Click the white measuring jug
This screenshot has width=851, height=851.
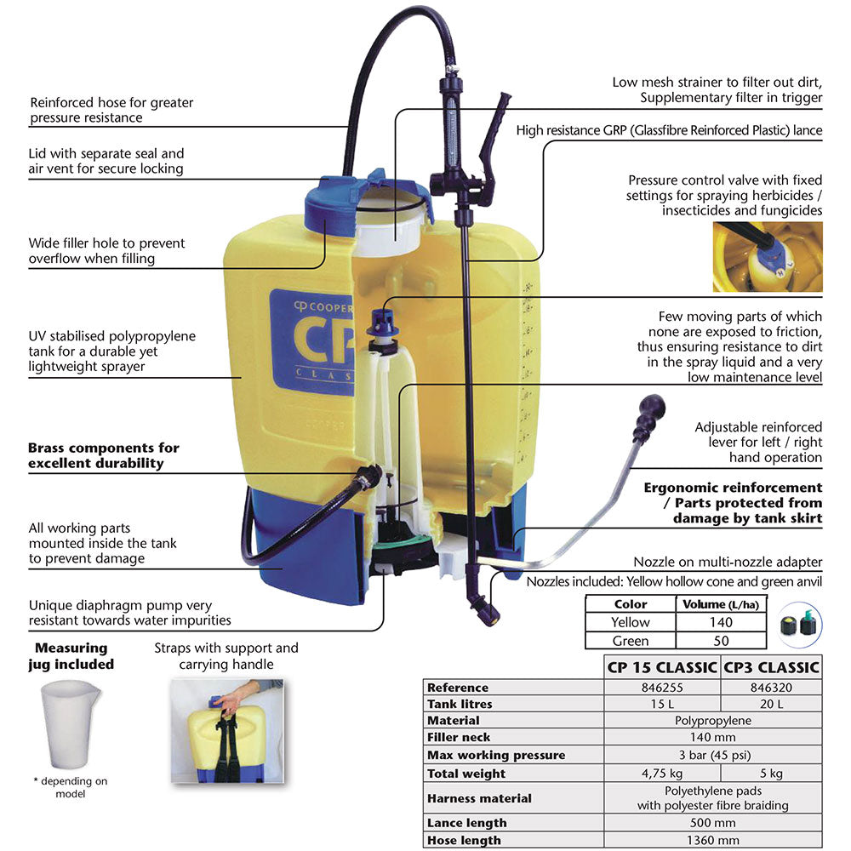tap(69, 722)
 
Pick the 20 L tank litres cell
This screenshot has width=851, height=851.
tap(770, 705)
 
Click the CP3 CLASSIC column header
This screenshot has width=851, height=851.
tap(771, 667)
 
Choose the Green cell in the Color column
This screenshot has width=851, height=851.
tap(630, 641)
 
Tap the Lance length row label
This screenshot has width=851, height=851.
tap(467, 823)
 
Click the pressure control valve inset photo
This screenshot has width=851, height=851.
tap(767, 257)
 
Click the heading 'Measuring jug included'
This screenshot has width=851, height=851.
tap(71, 655)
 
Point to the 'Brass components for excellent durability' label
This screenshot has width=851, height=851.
tap(104, 455)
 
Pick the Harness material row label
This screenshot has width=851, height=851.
tap(479, 798)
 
